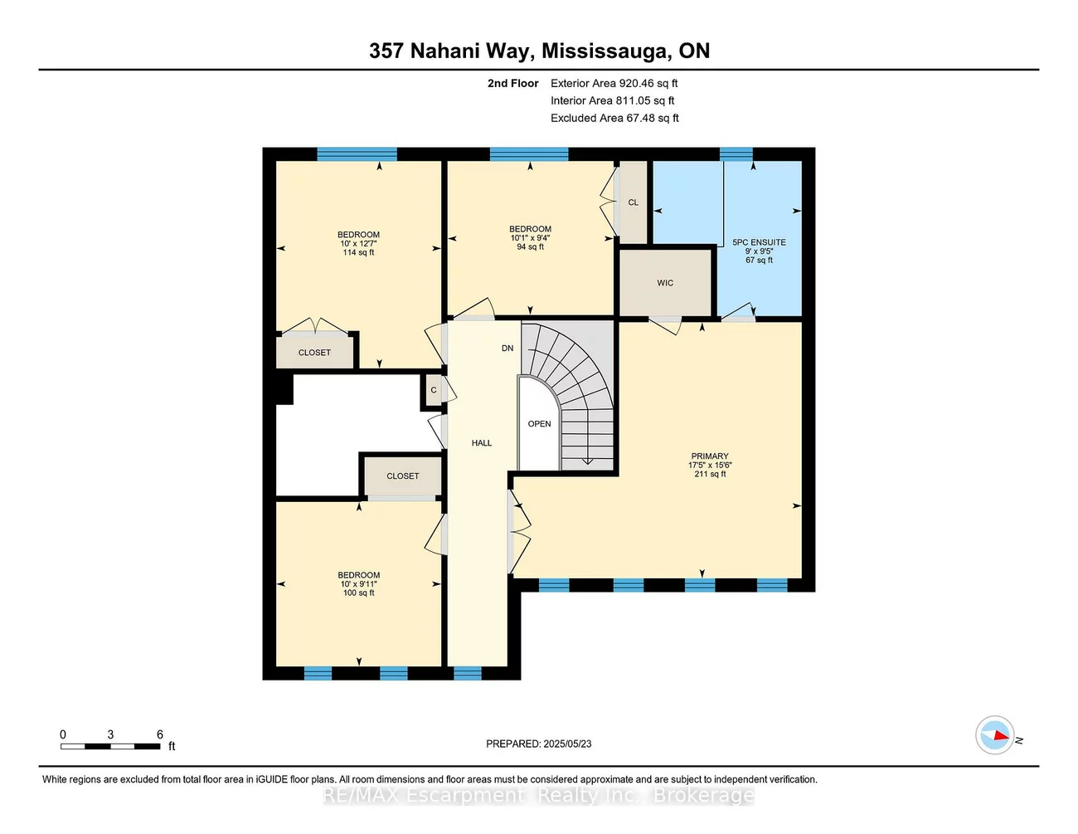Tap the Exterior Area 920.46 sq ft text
(614, 83)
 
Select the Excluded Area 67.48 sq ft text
(614, 118)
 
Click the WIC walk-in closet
(665, 283)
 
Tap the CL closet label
(634, 202)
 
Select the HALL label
(482, 443)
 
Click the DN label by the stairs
(507, 349)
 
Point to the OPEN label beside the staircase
(539, 424)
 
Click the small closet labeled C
(433, 390)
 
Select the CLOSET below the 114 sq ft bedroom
(314, 353)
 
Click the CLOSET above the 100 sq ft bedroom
(403, 476)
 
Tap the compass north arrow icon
(995, 735)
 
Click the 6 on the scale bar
(160, 734)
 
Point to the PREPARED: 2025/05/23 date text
(539, 744)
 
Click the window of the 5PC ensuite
(736, 154)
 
